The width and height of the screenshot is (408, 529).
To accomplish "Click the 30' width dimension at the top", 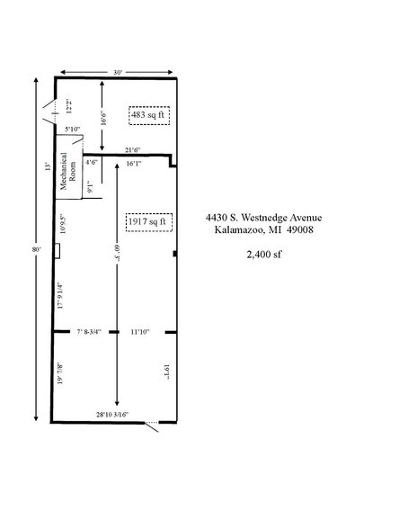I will coord(117,71).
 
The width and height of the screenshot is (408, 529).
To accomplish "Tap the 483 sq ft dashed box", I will coord(149,115).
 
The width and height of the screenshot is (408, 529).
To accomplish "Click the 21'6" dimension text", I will coord(134,149).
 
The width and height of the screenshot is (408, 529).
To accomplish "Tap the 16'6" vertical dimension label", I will coord(103,117).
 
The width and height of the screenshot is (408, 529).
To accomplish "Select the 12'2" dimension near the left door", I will coord(68,106).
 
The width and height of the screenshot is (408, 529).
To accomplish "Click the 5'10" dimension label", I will coord(72,130).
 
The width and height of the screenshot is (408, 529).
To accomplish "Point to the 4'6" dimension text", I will coord(92,163).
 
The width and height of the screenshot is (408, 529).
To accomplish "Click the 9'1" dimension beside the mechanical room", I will coord(90,188).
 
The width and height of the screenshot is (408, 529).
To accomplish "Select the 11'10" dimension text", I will coord(138,332).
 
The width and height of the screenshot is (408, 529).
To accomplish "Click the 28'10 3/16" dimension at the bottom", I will coord(112,415).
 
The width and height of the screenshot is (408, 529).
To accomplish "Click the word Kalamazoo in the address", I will coord(237,230).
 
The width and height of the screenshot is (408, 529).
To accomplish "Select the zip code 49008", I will coord(297,230).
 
